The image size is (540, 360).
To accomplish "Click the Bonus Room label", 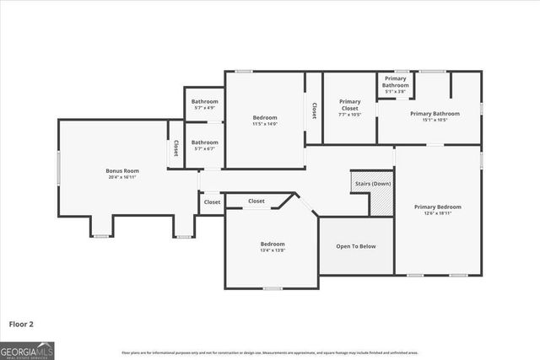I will click(x=122, y=171).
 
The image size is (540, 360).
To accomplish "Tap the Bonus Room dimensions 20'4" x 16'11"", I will click(x=122, y=178).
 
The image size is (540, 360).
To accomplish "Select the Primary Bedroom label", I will click(x=438, y=207).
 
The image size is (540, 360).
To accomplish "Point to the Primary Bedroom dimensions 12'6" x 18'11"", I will click(x=438, y=213).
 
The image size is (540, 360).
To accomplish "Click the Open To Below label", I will click(x=356, y=246).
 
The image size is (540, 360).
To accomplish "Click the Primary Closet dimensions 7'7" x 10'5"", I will click(x=350, y=115).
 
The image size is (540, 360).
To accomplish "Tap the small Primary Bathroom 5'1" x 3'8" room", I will click(x=395, y=83).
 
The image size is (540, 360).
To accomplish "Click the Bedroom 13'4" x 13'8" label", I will click(x=272, y=247).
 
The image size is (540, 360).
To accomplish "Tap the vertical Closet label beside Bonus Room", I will click(x=176, y=148).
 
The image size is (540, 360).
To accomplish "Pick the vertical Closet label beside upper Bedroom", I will click(x=314, y=110).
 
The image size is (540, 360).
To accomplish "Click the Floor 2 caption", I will click(x=22, y=323).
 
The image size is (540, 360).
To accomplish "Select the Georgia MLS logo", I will click(x=27, y=349).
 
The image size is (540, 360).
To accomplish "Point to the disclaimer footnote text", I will click(x=269, y=352).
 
